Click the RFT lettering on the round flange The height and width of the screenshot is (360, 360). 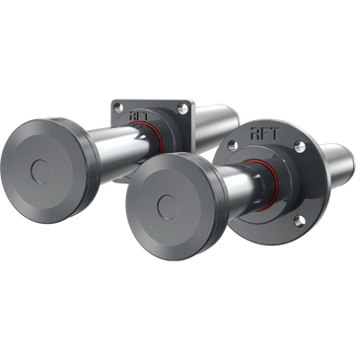[x=265, y=134]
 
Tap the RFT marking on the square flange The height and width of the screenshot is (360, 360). [x=139, y=115]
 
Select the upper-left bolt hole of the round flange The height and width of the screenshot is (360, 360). [x=233, y=145]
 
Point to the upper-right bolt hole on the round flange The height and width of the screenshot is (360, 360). [x=300, y=147]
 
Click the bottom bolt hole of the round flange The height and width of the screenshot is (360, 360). [x=298, y=221]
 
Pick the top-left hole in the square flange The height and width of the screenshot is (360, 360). [x=116, y=107]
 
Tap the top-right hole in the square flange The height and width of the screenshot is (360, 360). [x=180, y=108]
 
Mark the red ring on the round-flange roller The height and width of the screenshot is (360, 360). [x=266, y=184]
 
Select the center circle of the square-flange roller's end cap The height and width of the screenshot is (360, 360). [x=41, y=171]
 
